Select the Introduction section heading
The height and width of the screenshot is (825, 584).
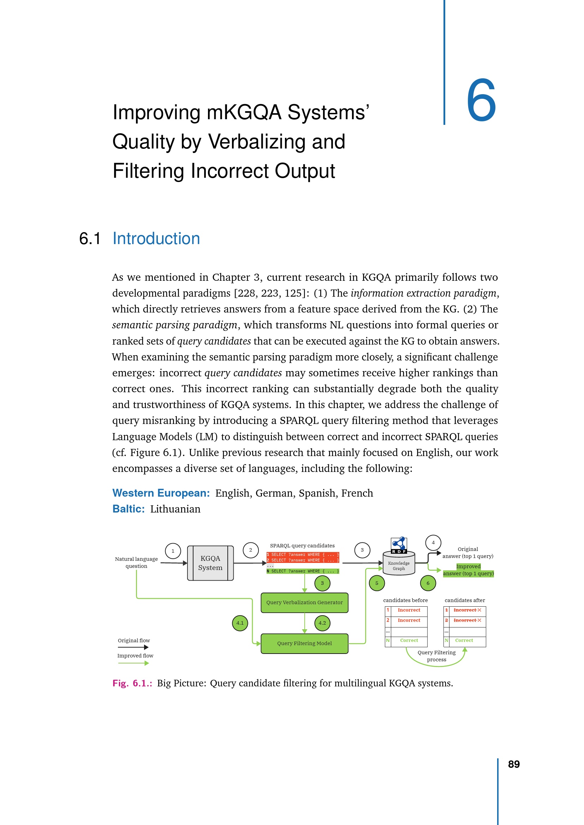(x=156, y=238)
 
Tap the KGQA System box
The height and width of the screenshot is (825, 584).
(x=210, y=563)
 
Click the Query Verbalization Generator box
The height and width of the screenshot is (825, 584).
(x=304, y=602)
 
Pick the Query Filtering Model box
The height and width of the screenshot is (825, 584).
(x=304, y=644)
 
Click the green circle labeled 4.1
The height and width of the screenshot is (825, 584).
(x=240, y=623)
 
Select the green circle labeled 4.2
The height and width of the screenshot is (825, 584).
(x=322, y=623)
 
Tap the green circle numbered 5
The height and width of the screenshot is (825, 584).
(x=376, y=583)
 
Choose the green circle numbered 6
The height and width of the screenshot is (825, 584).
(x=428, y=583)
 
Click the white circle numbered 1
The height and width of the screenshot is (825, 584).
(x=173, y=551)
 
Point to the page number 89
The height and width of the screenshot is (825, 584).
(x=513, y=764)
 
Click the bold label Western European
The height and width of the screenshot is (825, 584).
(x=161, y=493)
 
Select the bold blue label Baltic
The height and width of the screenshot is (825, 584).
(x=129, y=509)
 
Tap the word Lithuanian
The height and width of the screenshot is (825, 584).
(x=175, y=509)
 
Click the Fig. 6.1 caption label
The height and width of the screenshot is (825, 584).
(x=132, y=683)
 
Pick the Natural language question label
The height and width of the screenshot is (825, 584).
(x=136, y=562)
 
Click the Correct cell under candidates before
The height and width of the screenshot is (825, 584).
(x=409, y=640)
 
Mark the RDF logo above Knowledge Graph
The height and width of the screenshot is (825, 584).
(x=399, y=545)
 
